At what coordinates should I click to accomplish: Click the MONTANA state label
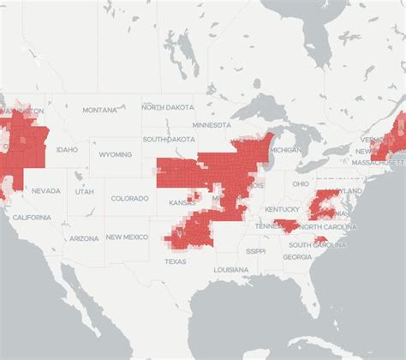click(x=99, y=110)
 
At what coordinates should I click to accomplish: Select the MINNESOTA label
click(x=212, y=125)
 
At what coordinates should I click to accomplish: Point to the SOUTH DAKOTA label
click(x=166, y=139)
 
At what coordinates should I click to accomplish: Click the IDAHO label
click(x=66, y=149)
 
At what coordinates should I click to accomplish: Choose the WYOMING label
click(x=116, y=155)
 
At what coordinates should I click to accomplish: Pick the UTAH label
click(x=84, y=191)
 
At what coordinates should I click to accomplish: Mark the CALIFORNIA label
click(x=32, y=218)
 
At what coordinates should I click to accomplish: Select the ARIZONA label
click(x=84, y=238)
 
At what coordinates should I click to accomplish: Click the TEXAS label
click(x=175, y=261)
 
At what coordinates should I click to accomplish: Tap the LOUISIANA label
click(x=231, y=269)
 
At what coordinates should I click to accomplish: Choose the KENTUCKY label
click(x=283, y=209)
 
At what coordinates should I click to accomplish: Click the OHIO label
click(x=300, y=183)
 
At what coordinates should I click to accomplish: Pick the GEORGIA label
click(x=297, y=257)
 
